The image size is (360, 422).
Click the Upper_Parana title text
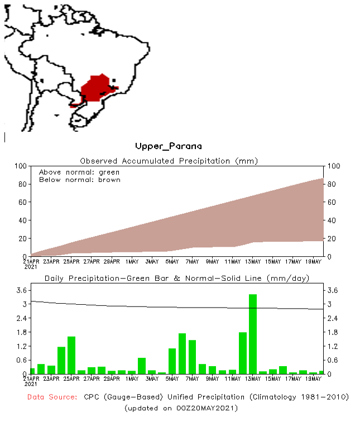click(x=168, y=146)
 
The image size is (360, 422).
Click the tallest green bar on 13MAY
click(x=253, y=334)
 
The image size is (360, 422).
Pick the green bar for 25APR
click(x=71, y=355)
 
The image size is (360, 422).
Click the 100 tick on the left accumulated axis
click(x=21, y=166)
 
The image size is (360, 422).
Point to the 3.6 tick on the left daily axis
click(x=21, y=290)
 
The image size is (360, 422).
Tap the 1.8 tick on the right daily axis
click(x=332, y=332)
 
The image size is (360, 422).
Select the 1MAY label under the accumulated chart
click(x=132, y=261)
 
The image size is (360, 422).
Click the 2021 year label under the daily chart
click(x=31, y=384)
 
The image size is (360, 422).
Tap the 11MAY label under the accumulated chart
click(x=232, y=261)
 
